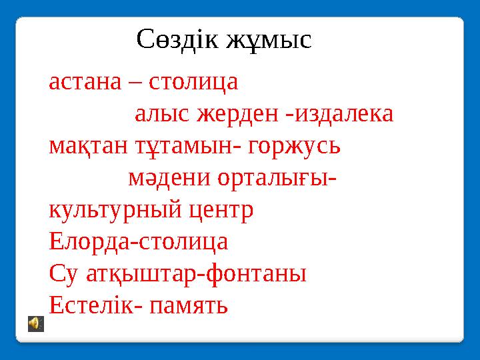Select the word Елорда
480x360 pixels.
(89, 241)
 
